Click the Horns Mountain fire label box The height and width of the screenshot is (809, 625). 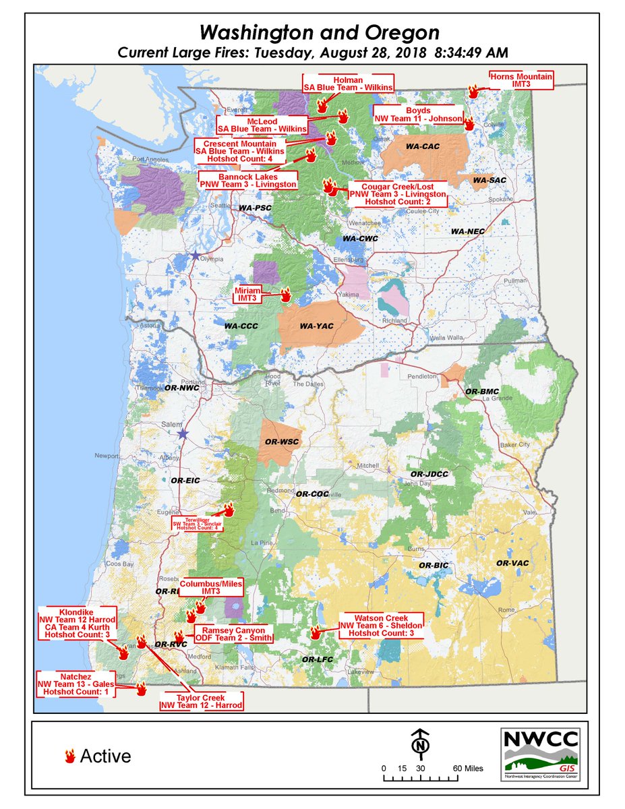point(520,82)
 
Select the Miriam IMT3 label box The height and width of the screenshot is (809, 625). point(247,293)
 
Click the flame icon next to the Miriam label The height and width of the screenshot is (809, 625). point(285,295)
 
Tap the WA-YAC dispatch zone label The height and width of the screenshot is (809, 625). point(316,326)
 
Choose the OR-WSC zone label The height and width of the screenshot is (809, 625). point(281,442)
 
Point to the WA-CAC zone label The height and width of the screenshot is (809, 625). point(422,146)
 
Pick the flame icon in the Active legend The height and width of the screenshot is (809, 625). point(69,756)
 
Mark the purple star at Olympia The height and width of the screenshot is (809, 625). point(196,256)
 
